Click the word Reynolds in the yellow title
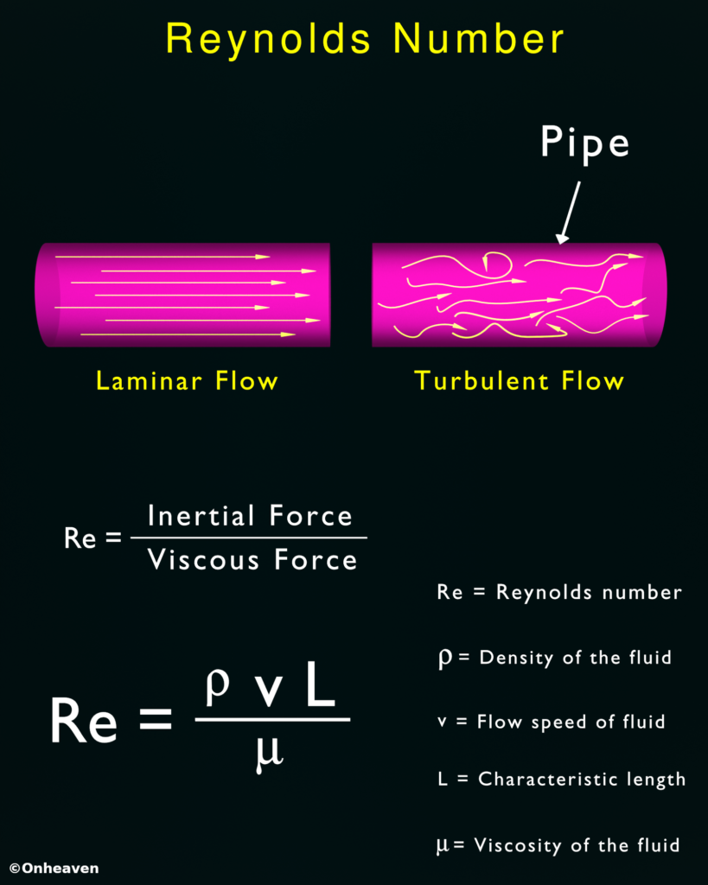268,41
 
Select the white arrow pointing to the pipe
569,213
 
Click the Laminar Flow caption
187,381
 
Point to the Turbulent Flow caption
519,381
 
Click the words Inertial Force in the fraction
250,516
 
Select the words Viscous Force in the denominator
252,560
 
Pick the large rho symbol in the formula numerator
217,688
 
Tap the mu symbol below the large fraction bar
269,754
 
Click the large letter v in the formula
268,691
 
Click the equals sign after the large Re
156,720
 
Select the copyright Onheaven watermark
54,868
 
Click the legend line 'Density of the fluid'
555,658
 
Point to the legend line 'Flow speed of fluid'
551,722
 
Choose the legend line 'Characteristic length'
561,780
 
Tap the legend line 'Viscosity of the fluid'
558,845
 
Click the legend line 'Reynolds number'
559,592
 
